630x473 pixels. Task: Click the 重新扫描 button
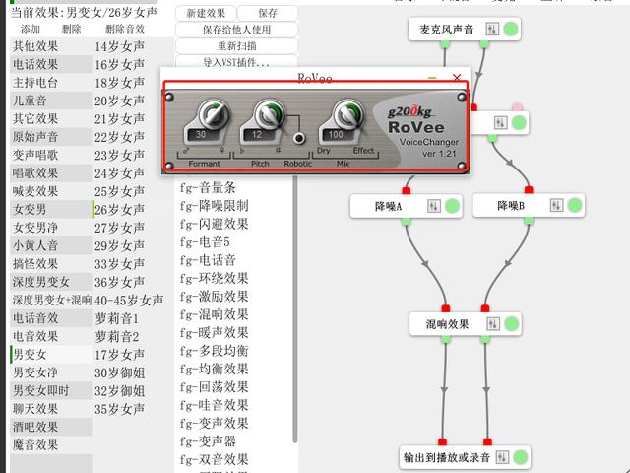(x=236, y=45)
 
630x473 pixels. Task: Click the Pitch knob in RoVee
(x=263, y=116)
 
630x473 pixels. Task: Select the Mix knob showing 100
(x=342, y=116)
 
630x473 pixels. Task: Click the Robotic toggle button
(x=297, y=138)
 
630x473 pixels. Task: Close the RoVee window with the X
(x=456, y=77)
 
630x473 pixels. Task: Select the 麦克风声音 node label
(x=440, y=29)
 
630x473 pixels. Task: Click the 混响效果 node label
(x=447, y=323)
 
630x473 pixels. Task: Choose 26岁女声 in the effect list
(x=119, y=210)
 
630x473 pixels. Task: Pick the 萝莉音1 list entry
(x=117, y=318)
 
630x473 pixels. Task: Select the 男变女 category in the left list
(x=29, y=355)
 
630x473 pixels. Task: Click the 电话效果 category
(x=35, y=64)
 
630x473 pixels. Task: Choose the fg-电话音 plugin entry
(x=208, y=260)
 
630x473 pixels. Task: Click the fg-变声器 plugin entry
(x=208, y=440)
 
